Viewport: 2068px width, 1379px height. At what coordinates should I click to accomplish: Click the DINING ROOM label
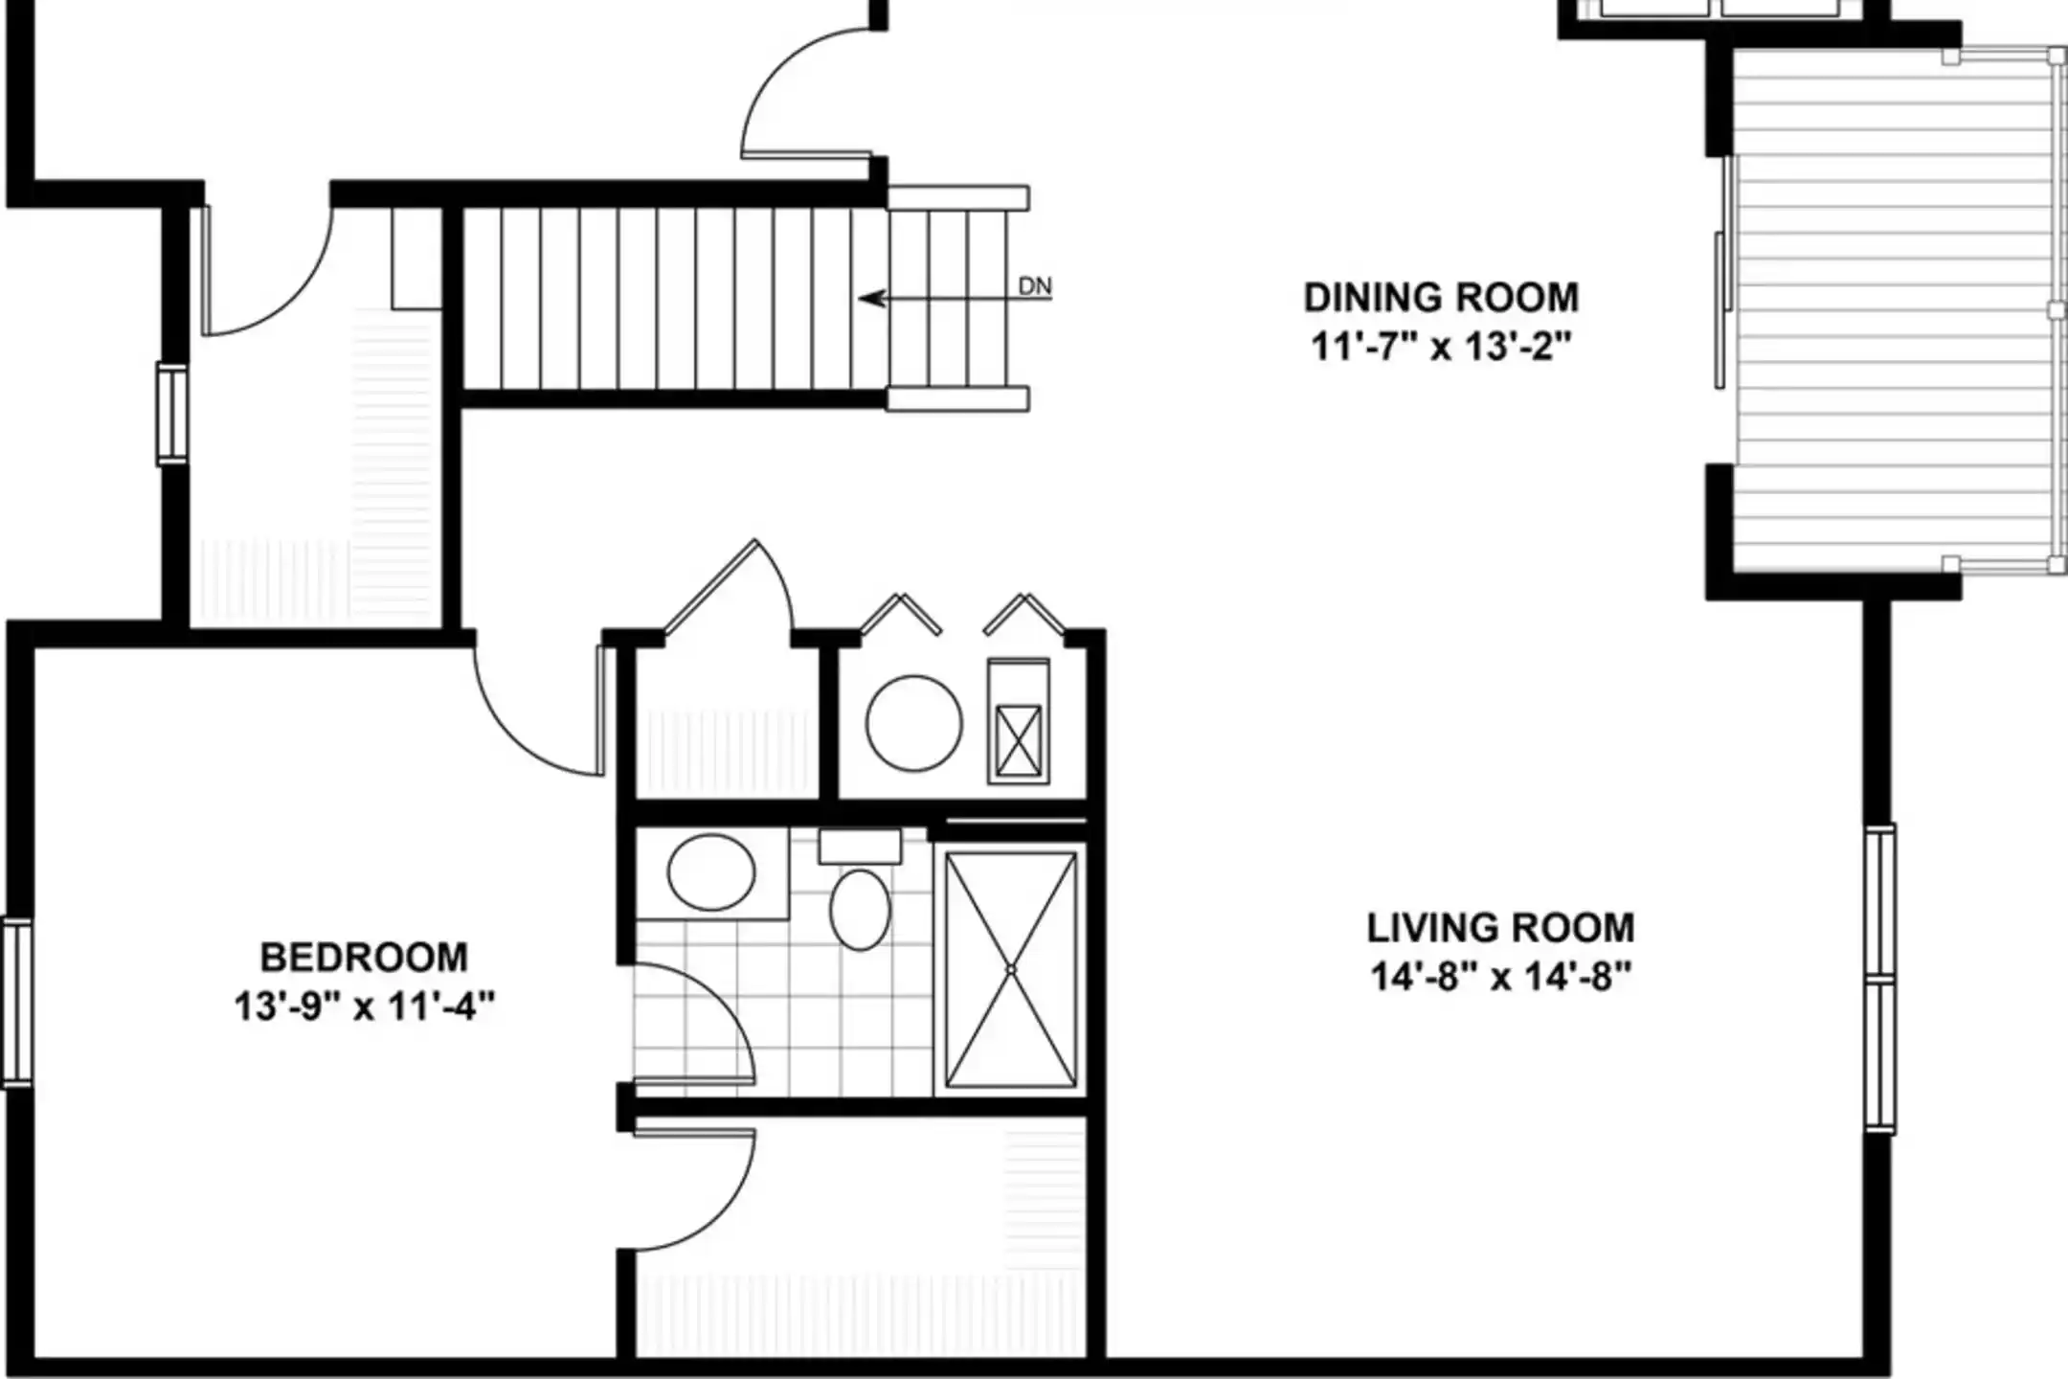point(1441,298)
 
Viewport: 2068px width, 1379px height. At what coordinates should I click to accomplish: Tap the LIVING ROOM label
point(1500,928)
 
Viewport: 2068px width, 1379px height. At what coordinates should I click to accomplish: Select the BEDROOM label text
point(364,958)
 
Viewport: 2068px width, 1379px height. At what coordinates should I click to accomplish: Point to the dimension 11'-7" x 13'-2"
point(1441,346)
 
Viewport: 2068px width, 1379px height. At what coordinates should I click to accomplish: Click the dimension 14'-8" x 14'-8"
point(1500,978)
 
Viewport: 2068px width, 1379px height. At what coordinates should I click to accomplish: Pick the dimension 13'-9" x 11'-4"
point(364,1006)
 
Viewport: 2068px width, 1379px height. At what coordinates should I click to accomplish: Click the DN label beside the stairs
point(1034,285)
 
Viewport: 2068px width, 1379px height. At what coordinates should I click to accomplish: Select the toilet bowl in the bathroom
point(860,910)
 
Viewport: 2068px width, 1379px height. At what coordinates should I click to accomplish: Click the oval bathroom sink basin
point(710,872)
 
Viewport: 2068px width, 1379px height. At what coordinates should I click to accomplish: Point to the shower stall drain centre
point(1010,970)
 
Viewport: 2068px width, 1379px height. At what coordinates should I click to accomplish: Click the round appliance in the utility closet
point(914,723)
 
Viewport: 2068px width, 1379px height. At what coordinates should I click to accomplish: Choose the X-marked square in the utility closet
point(1018,741)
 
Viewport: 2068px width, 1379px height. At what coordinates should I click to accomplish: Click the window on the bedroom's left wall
point(16,1003)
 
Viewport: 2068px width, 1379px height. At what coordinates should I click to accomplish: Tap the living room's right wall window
point(1880,979)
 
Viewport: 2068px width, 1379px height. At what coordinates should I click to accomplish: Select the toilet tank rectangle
point(860,847)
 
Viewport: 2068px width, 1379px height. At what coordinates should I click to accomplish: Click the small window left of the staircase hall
point(172,414)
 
